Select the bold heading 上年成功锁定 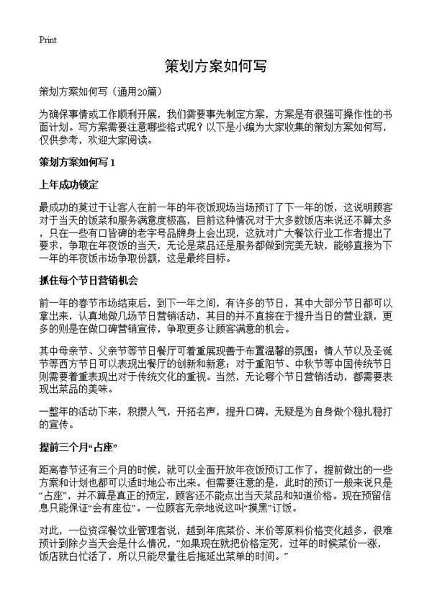[68, 184]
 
